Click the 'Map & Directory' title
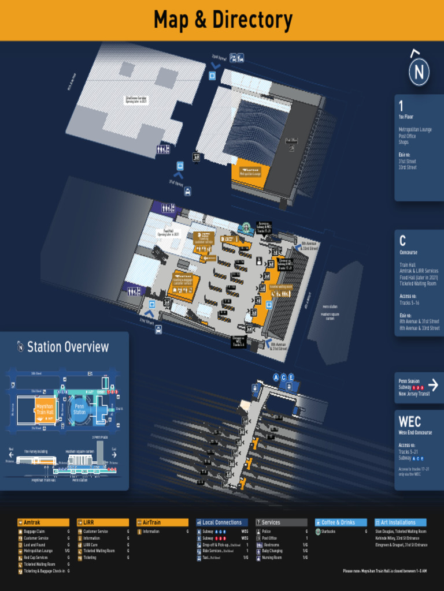223,20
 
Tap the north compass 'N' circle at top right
419,72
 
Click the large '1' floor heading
401,106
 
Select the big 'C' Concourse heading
402,241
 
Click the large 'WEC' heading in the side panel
409,422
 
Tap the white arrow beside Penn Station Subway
434,383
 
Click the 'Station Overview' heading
68,347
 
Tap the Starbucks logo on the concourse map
246,227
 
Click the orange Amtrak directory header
43,522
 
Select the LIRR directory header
103,522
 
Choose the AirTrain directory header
162,522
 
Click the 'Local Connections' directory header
222,522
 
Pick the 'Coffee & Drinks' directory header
341,522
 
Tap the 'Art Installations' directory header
401,522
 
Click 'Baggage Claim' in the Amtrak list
35,531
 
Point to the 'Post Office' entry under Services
270,538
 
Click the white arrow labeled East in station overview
114,455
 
